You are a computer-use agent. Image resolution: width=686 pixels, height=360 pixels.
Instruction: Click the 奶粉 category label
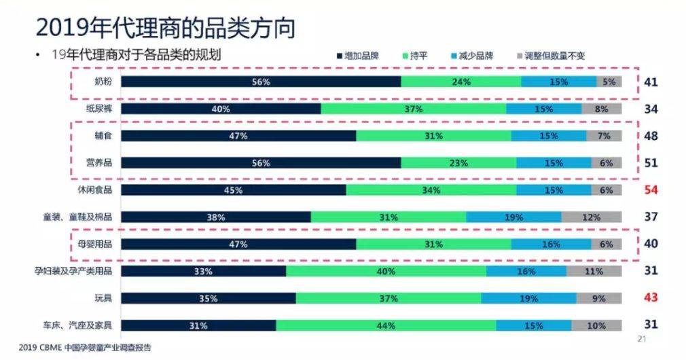(x=103, y=82)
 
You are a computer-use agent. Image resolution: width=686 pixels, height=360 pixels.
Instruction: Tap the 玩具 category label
(x=103, y=298)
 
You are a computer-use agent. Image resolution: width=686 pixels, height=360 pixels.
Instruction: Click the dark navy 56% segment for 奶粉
(x=261, y=82)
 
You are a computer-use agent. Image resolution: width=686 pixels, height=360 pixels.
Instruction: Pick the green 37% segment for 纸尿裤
(x=413, y=109)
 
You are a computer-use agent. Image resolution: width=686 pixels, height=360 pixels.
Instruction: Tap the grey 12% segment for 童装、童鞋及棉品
(x=591, y=217)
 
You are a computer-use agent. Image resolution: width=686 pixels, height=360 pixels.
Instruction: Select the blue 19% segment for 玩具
(x=528, y=298)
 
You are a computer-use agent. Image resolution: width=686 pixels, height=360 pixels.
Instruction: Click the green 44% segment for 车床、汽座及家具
(x=385, y=325)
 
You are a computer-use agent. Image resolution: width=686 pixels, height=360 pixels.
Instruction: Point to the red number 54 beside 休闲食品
(x=651, y=190)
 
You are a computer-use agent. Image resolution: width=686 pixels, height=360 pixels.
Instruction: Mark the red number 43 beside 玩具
(x=651, y=298)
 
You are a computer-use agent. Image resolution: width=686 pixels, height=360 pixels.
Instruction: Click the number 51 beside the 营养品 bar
(x=651, y=163)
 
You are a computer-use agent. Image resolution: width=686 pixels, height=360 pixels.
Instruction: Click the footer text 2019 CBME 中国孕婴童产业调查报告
(x=85, y=348)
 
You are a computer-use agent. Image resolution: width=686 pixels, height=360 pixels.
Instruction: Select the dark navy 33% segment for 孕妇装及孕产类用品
(x=203, y=271)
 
